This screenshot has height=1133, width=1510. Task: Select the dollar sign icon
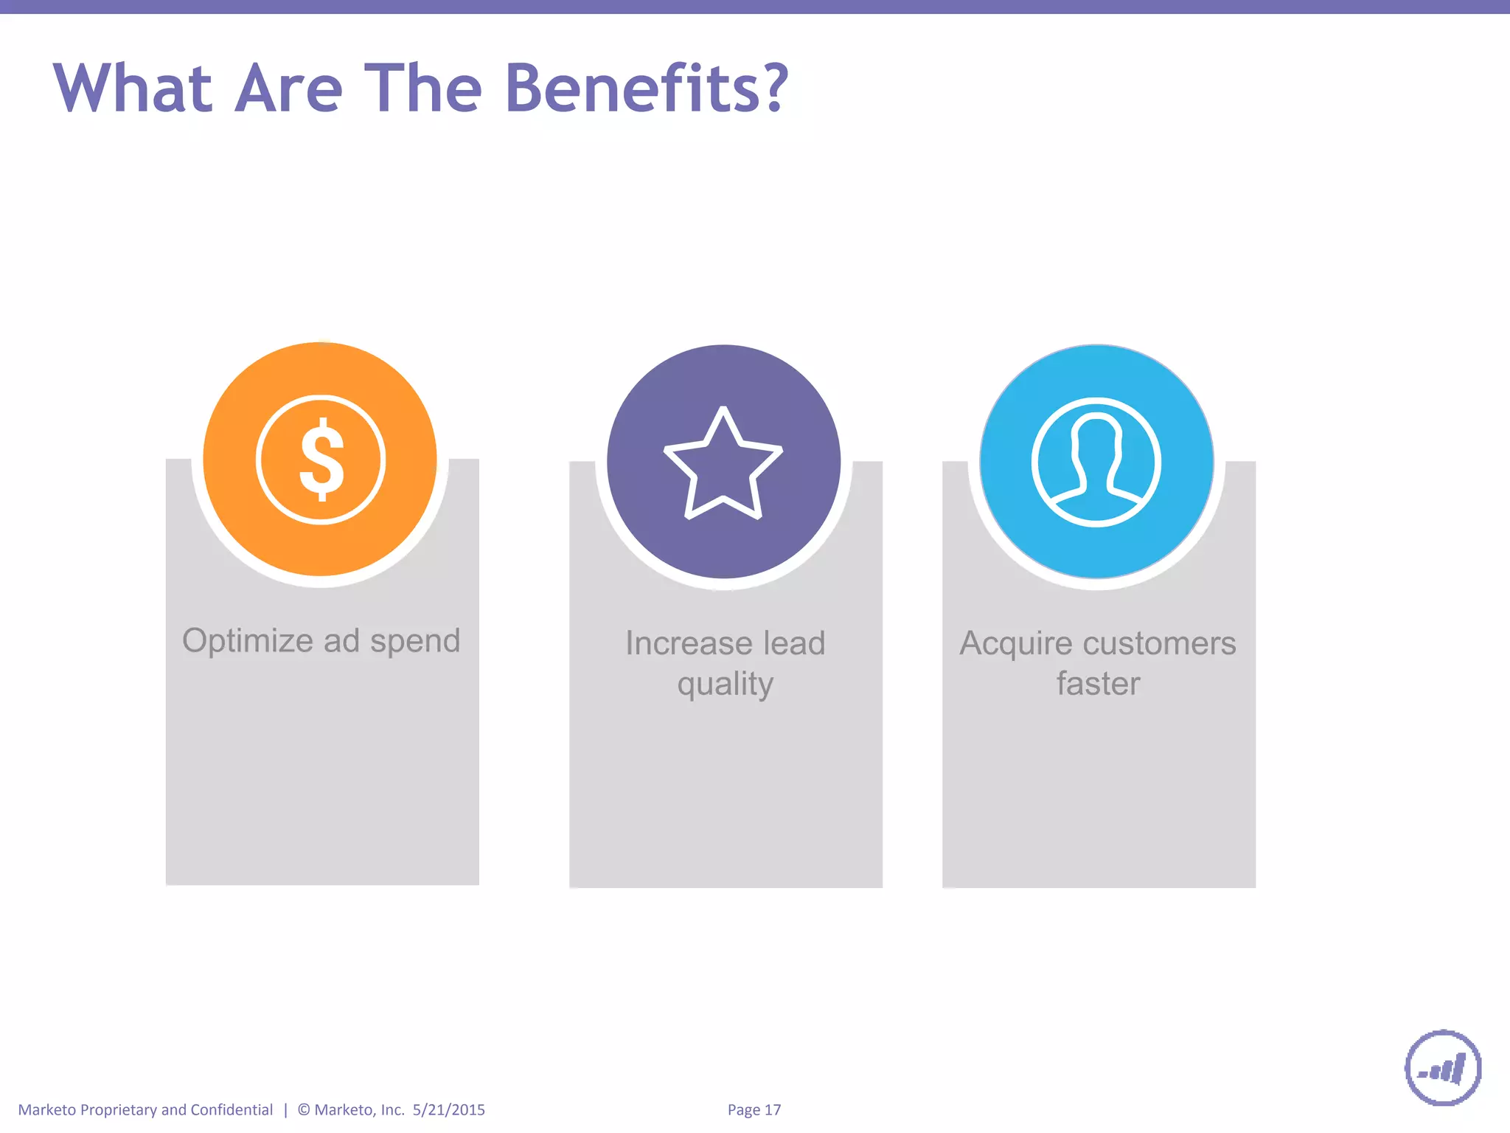321,460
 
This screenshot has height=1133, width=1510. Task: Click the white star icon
723,464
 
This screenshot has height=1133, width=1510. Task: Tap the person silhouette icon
1096,462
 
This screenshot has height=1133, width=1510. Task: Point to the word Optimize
248,641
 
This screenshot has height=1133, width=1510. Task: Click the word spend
415,641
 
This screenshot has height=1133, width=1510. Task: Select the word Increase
689,643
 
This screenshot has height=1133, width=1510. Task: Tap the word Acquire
1016,643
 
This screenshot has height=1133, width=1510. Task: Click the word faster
1098,684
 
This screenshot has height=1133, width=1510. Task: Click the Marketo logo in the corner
1443,1068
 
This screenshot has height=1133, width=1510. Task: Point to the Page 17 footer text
754,1110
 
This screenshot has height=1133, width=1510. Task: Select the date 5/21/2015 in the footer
448,1110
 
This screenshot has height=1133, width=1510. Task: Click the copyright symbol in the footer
304,1110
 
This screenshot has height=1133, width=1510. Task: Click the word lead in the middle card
793,643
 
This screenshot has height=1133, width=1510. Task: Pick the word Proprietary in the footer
118,1110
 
